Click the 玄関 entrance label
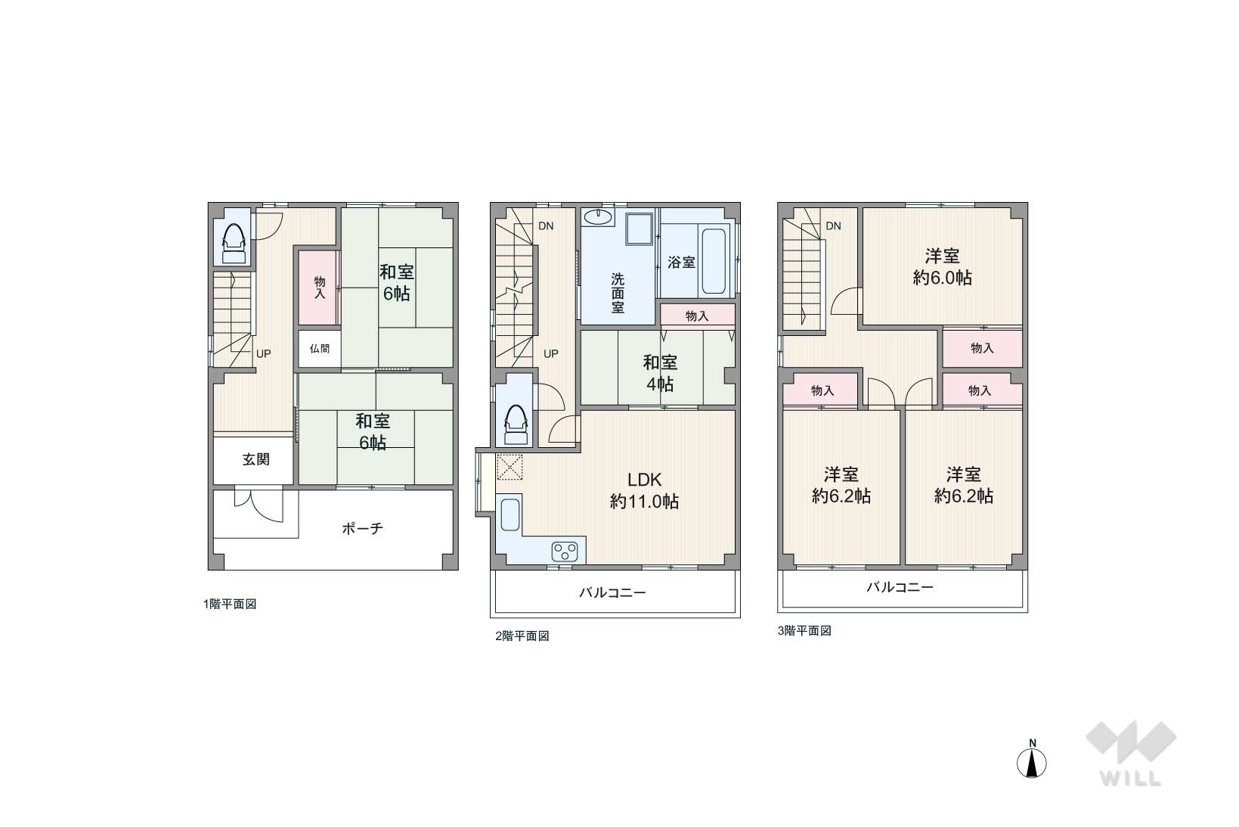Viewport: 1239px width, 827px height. [x=256, y=459]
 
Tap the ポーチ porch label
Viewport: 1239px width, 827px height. [x=362, y=529]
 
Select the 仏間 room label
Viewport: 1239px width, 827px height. [x=320, y=348]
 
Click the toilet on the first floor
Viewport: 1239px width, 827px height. [x=234, y=244]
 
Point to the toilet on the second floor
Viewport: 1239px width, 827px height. [x=516, y=424]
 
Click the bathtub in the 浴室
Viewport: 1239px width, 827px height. [x=714, y=261]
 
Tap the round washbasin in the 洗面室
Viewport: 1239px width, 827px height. [x=598, y=217]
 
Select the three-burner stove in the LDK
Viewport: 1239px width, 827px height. [x=565, y=551]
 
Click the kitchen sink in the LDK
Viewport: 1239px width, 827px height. [x=510, y=515]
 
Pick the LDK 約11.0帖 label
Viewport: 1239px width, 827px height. [x=644, y=490]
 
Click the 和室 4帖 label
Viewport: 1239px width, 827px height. [x=660, y=373]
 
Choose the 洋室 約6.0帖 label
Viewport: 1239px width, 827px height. [x=942, y=267]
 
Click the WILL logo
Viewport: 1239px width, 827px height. [x=1131, y=753]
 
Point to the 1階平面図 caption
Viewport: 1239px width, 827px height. [x=230, y=604]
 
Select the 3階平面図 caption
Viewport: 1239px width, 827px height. [x=804, y=630]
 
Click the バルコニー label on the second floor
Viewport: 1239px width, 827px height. [x=612, y=593]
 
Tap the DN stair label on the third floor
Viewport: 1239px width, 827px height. [x=833, y=225]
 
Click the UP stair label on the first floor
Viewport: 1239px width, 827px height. [x=263, y=353]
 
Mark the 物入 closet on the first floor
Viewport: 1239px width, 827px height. [x=320, y=288]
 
